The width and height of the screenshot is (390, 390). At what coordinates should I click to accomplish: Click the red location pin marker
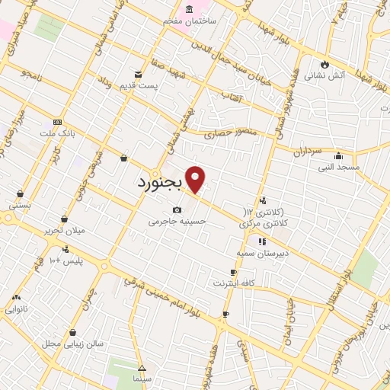196,179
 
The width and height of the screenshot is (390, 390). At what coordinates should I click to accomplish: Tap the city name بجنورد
159,184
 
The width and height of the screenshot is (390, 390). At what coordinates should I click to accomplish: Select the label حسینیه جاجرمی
177,221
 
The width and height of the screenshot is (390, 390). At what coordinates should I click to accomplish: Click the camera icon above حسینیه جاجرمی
177,209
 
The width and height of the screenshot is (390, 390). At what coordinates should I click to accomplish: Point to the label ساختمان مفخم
190,21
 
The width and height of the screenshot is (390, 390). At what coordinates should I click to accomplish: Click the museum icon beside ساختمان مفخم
189,9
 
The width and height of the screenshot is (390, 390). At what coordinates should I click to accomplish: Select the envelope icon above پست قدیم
138,75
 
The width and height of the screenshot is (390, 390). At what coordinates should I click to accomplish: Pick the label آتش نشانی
325,75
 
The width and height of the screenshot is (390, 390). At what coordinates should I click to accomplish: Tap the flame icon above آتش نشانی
326,64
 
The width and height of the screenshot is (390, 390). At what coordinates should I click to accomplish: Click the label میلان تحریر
64,230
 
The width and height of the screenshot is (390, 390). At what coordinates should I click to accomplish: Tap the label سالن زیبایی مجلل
72,344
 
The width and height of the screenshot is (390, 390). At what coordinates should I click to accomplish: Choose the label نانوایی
17,309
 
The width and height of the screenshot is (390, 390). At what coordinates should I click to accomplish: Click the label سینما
142,379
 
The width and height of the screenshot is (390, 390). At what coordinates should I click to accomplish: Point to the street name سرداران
310,151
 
